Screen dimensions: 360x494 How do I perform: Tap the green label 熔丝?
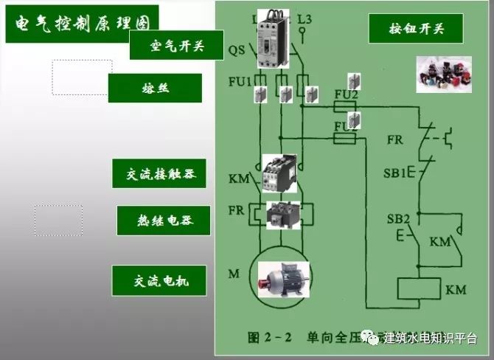155,88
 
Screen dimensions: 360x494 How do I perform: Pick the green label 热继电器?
163,220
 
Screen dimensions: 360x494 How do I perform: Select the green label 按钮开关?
415,30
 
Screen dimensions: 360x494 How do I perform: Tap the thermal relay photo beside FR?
280,215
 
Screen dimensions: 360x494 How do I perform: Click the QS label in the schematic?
236,50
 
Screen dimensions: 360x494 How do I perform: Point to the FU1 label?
240,81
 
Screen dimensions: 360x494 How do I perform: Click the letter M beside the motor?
234,274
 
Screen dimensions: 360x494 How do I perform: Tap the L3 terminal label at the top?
304,16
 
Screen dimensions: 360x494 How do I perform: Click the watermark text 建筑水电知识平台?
431,339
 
